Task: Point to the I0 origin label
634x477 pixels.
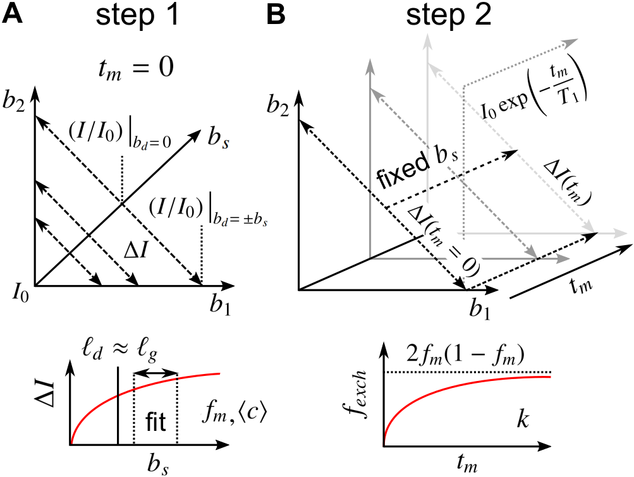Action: (x=20, y=293)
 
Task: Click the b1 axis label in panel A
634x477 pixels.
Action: (x=222, y=308)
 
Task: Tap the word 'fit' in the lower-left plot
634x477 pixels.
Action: (x=155, y=424)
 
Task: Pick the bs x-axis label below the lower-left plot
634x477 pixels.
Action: (x=149, y=464)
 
